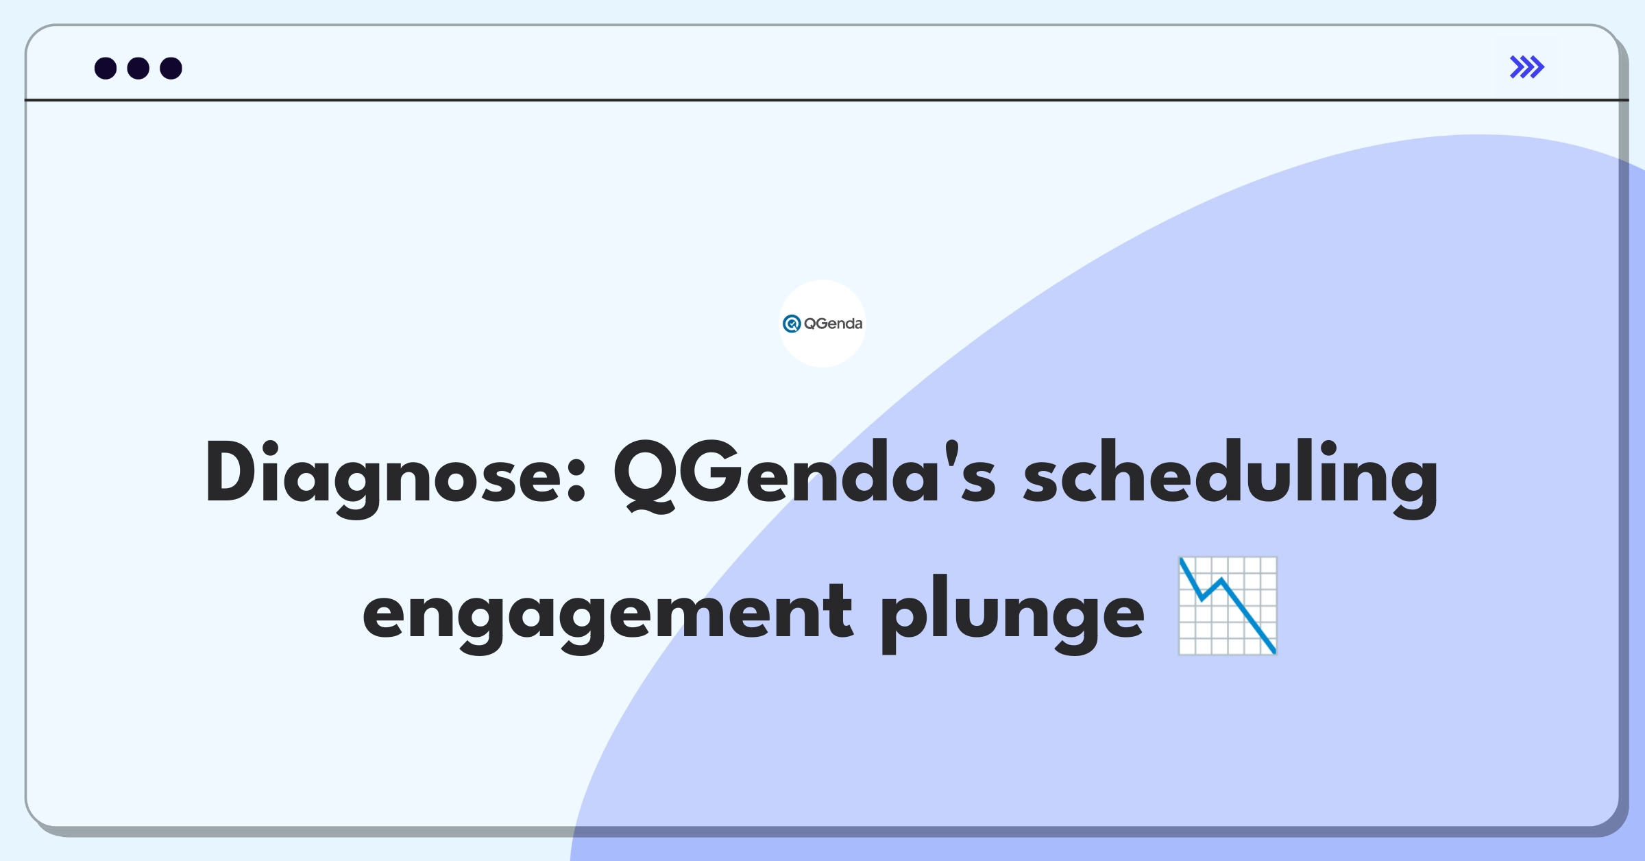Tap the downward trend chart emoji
(x=1228, y=606)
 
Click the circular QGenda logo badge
(x=822, y=324)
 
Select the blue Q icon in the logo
(x=792, y=324)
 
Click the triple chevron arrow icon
(x=1527, y=67)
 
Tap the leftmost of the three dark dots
(x=106, y=68)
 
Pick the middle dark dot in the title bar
(x=138, y=68)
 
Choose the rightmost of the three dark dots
(x=171, y=68)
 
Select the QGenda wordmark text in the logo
(x=833, y=324)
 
